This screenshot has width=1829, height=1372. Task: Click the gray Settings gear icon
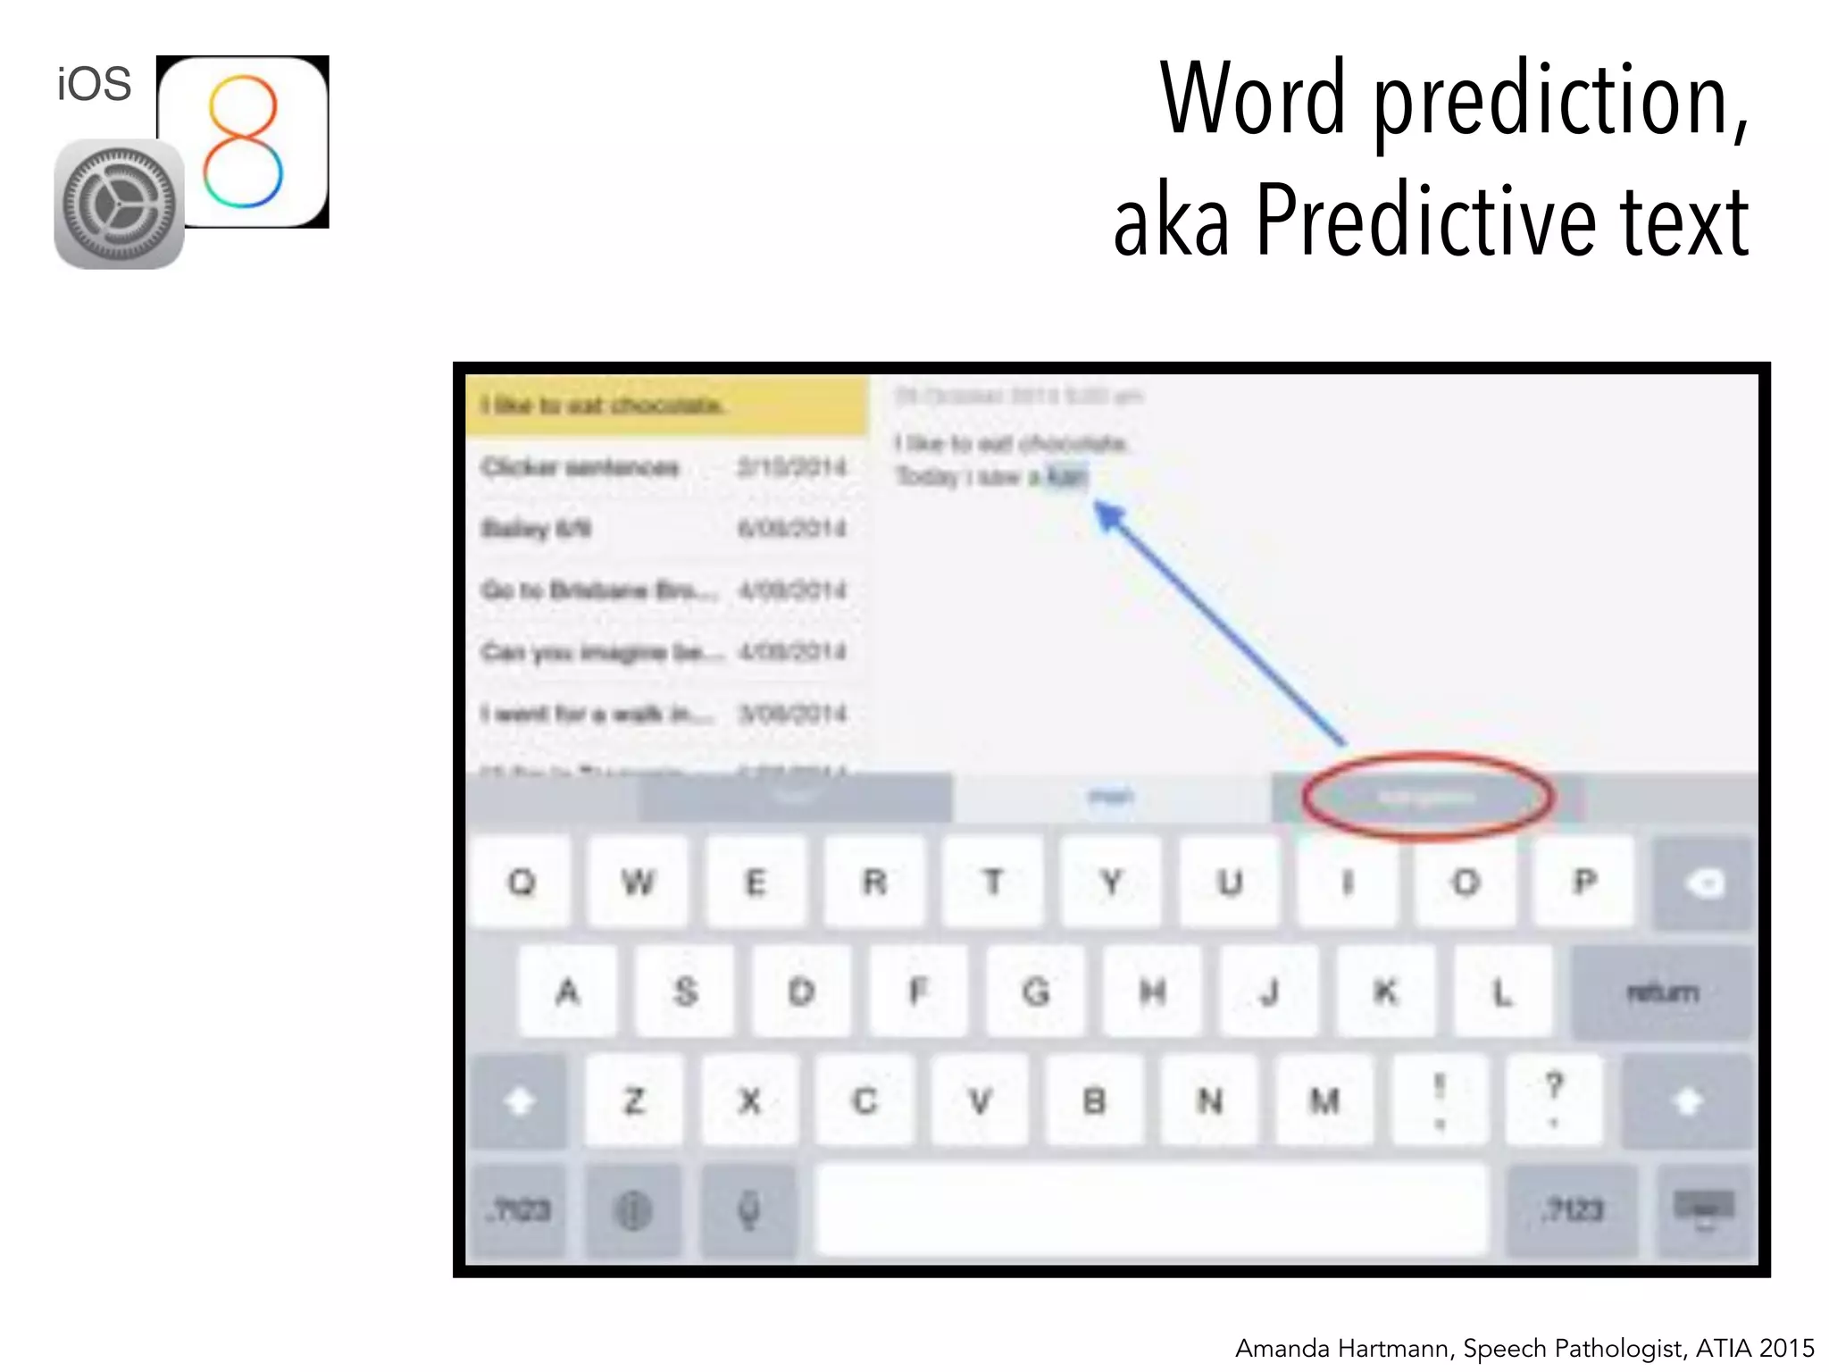point(119,205)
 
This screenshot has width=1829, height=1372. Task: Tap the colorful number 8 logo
point(242,141)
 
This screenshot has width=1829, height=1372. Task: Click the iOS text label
point(94,84)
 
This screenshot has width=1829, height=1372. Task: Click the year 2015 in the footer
point(1785,1348)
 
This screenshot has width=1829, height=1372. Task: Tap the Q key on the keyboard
point(521,883)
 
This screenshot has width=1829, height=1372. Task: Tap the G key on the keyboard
point(1035,991)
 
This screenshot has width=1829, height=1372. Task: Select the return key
point(1662,991)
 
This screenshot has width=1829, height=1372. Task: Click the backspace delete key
point(1704,883)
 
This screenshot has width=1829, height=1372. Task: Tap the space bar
point(1151,1209)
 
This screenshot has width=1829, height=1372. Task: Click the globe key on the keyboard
point(633,1210)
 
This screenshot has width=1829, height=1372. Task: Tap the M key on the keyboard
point(1324,1100)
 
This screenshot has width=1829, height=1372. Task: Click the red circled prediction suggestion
point(1426,798)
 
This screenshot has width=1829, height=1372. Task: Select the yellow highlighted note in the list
point(665,406)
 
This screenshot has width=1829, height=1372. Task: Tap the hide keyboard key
point(1704,1209)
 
